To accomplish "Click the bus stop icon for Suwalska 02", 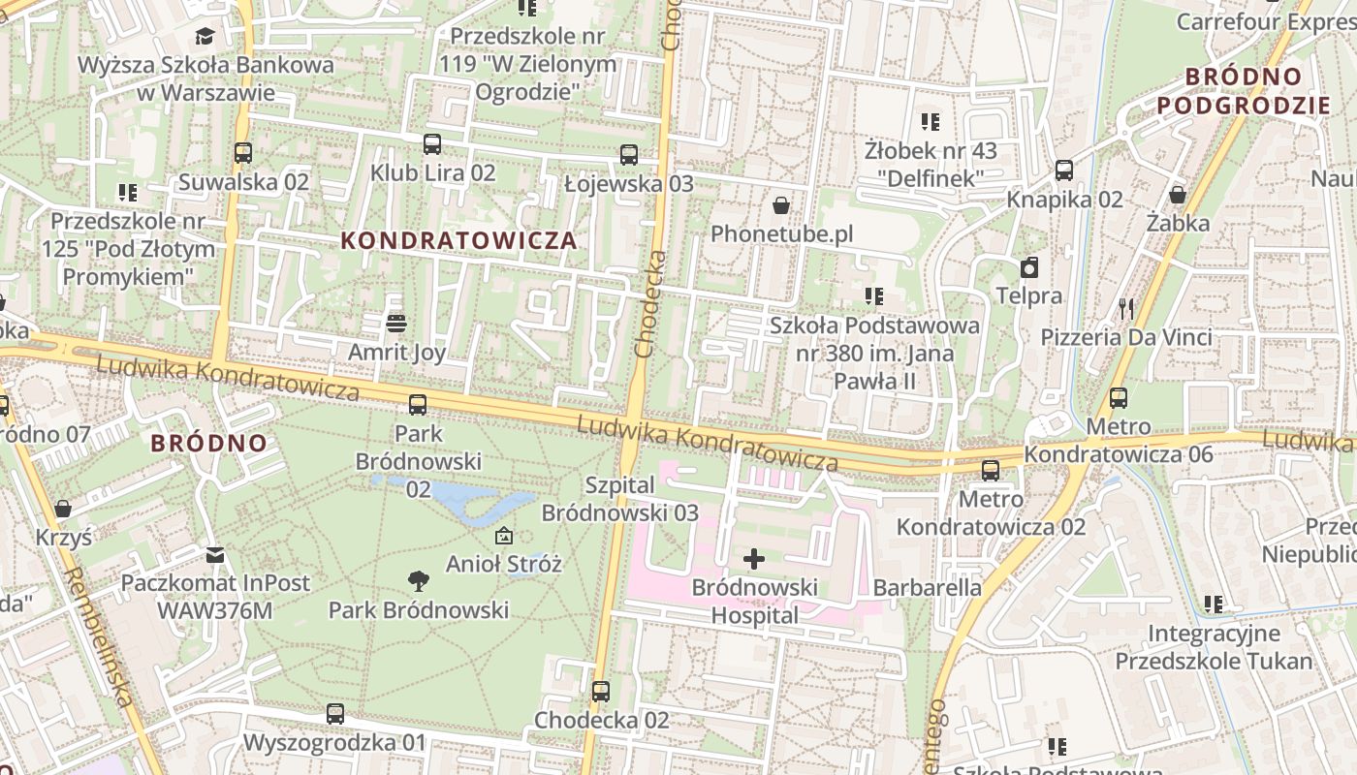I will pos(243,153).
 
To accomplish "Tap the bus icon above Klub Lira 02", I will pos(432,143).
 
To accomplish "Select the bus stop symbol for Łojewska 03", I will pos(629,154).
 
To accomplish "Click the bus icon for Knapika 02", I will pos(1064,170).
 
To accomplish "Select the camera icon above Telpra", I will pos(1029,267).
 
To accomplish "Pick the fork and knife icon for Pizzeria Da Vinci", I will pos(1126,308).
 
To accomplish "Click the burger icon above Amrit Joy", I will pos(395,323).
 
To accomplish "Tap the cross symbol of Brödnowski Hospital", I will pos(753,558).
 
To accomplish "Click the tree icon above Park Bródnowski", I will pos(419,581).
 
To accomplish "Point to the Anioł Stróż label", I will pos(503,564).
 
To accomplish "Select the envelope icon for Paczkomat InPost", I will pos(215,554).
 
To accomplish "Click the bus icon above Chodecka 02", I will pos(601,691).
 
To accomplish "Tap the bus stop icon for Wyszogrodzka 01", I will pos(335,714).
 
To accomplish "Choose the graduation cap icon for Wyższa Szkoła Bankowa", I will pos(205,36).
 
